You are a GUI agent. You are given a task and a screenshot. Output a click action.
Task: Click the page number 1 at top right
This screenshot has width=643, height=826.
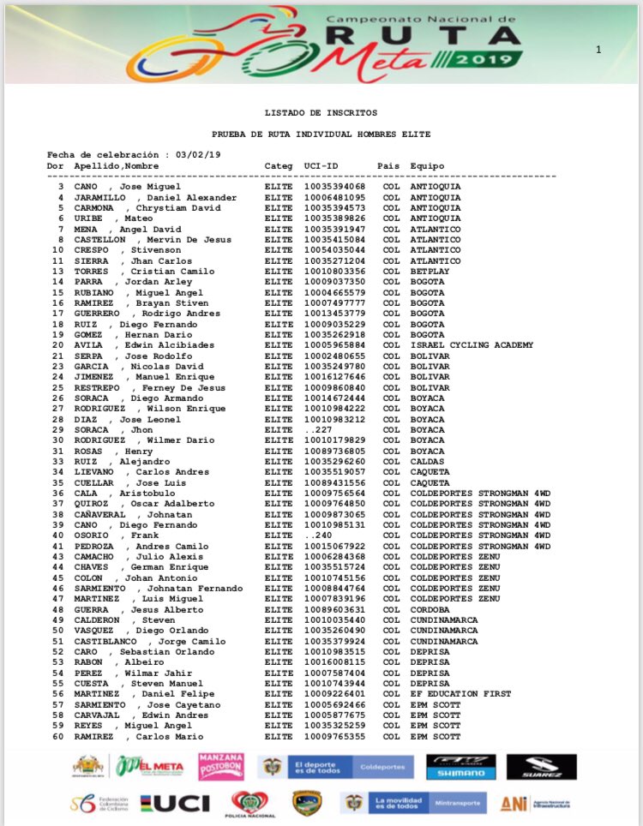(598, 50)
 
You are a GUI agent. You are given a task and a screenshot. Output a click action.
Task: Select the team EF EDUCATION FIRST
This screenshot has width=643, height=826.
(460, 694)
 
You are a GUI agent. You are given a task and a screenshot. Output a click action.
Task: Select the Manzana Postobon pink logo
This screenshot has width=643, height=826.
(221, 767)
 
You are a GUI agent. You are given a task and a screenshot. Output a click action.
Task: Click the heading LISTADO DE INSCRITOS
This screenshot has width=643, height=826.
(321, 112)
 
